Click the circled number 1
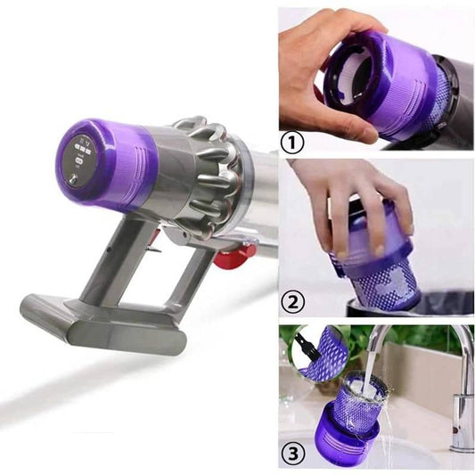point(292,143)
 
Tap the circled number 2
point(292,302)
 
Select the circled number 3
point(293,454)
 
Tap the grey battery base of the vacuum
point(103,324)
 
